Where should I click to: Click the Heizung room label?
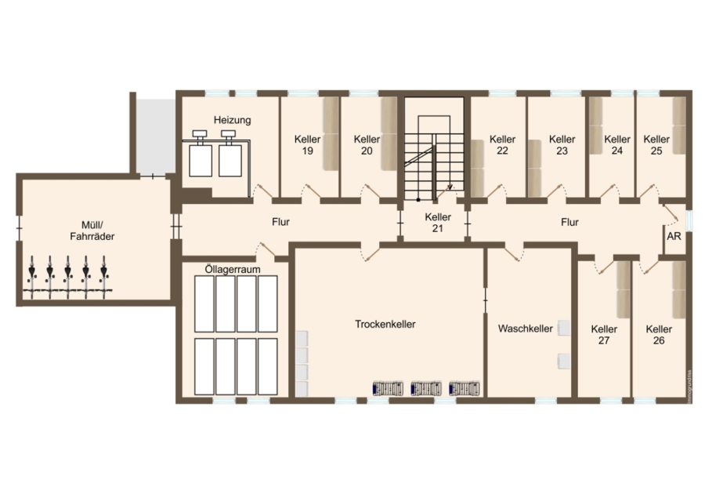click(232, 120)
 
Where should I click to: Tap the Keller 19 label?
click(308, 145)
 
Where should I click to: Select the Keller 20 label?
click(367, 145)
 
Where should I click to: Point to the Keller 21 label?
click(438, 223)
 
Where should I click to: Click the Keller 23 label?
click(562, 145)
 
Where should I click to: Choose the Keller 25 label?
click(656, 145)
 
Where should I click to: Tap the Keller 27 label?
click(604, 335)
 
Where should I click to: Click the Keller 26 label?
click(659, 335)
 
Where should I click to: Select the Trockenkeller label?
click(385, 324)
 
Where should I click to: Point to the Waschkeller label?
click(525, 329)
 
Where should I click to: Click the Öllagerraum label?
click(233, 269)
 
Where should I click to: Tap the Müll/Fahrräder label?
click(92, 231)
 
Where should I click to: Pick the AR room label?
click(674, 236)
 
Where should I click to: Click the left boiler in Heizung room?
click(200, 156)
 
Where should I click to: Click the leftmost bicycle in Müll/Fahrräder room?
click(31, 276)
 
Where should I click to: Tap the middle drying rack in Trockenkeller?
click(426, 388)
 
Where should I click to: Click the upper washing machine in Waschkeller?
click(564, 328)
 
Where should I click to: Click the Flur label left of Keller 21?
click(280, 222)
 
